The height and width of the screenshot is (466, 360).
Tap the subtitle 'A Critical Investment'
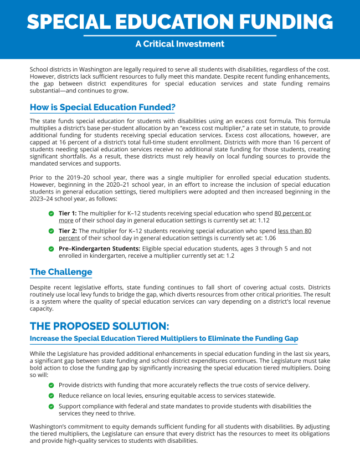coord(180,44)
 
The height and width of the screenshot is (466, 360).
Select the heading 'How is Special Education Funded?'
coord(102,106)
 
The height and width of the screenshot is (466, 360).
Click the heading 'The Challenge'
coord(61,272)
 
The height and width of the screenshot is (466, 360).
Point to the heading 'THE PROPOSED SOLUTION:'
coord(100,325)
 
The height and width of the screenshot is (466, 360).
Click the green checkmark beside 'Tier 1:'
coord(52,213)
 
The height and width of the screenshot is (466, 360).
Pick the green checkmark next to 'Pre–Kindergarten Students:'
coord(52,249)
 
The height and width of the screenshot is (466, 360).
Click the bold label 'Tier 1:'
coord(68,213)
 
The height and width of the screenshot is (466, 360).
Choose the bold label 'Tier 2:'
coord(68,230)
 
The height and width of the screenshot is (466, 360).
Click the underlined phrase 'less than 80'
coord(295,230)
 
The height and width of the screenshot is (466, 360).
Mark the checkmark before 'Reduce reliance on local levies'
coord(52,396)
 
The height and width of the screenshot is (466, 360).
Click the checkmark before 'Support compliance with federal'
coord(52,406)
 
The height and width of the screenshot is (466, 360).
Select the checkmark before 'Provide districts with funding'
coord(52,385)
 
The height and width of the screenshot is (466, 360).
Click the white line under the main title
coord(180,35)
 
